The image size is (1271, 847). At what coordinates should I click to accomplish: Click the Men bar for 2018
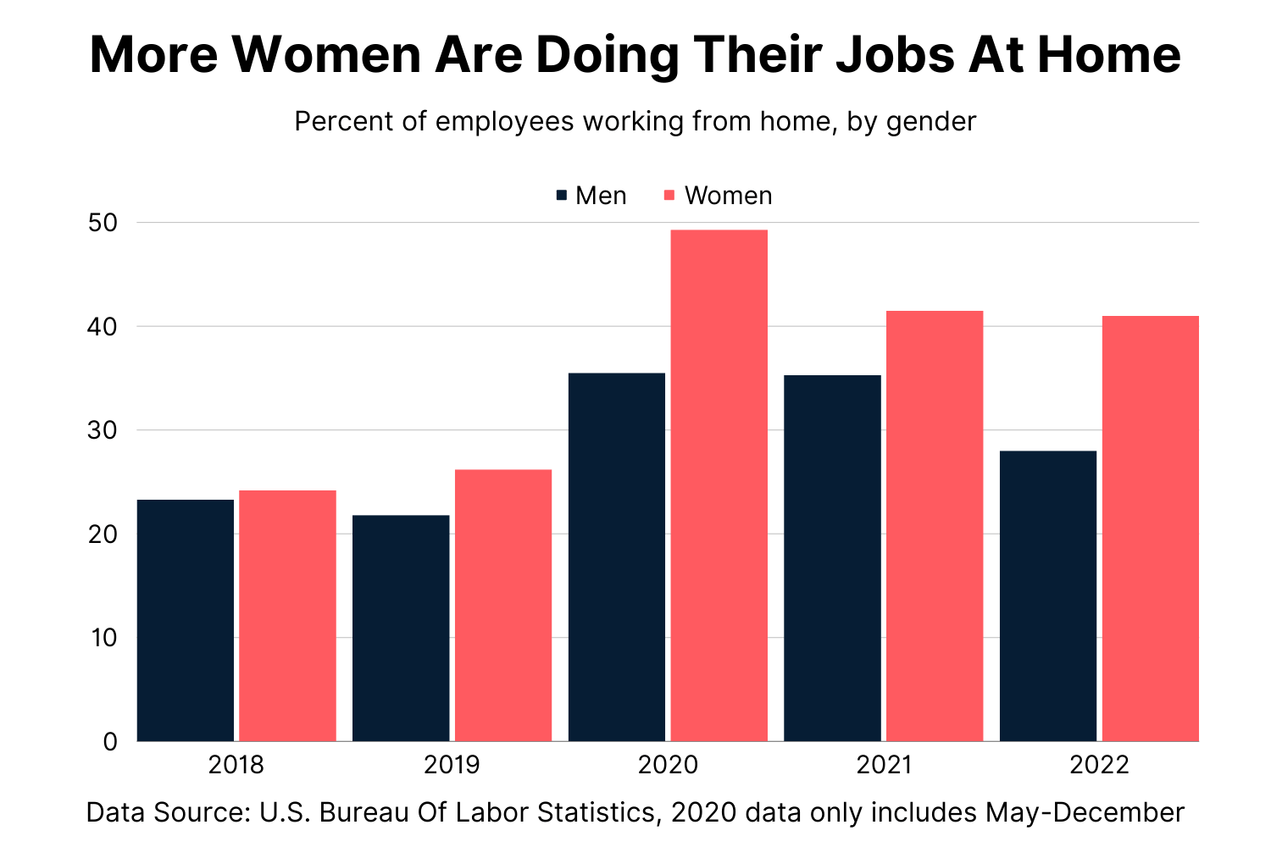(x=186, y=620)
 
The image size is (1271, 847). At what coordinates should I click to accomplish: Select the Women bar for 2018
(x=287, y=616)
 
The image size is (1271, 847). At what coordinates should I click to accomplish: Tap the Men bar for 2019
(x=401, y=628)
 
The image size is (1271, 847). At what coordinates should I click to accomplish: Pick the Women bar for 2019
(x=503, y=605)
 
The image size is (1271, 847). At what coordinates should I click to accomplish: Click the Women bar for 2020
(x=719, y=485)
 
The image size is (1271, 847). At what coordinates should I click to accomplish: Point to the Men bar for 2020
(x=617, y=556)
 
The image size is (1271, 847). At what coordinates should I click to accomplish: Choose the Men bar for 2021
(x=832, y=557)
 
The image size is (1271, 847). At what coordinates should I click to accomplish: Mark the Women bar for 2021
(x=935, y=526)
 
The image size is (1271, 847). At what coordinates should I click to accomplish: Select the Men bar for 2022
(x=1048, y=595)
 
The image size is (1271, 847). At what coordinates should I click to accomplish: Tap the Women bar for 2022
(x=1151, y=529)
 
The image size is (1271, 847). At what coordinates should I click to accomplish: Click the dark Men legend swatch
(x=561, y=196)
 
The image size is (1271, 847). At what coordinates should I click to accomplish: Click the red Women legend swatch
(x=669, y=196)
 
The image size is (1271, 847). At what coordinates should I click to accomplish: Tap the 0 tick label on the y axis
(x=110, y=742)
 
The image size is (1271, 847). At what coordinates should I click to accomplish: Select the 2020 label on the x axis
(x=668, y=765)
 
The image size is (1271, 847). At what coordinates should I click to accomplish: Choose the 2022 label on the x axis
(x=1099, y=765)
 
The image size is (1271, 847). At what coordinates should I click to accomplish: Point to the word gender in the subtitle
(x=931, y=122)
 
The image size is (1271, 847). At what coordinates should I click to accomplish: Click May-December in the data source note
(x=1085, y=812)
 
